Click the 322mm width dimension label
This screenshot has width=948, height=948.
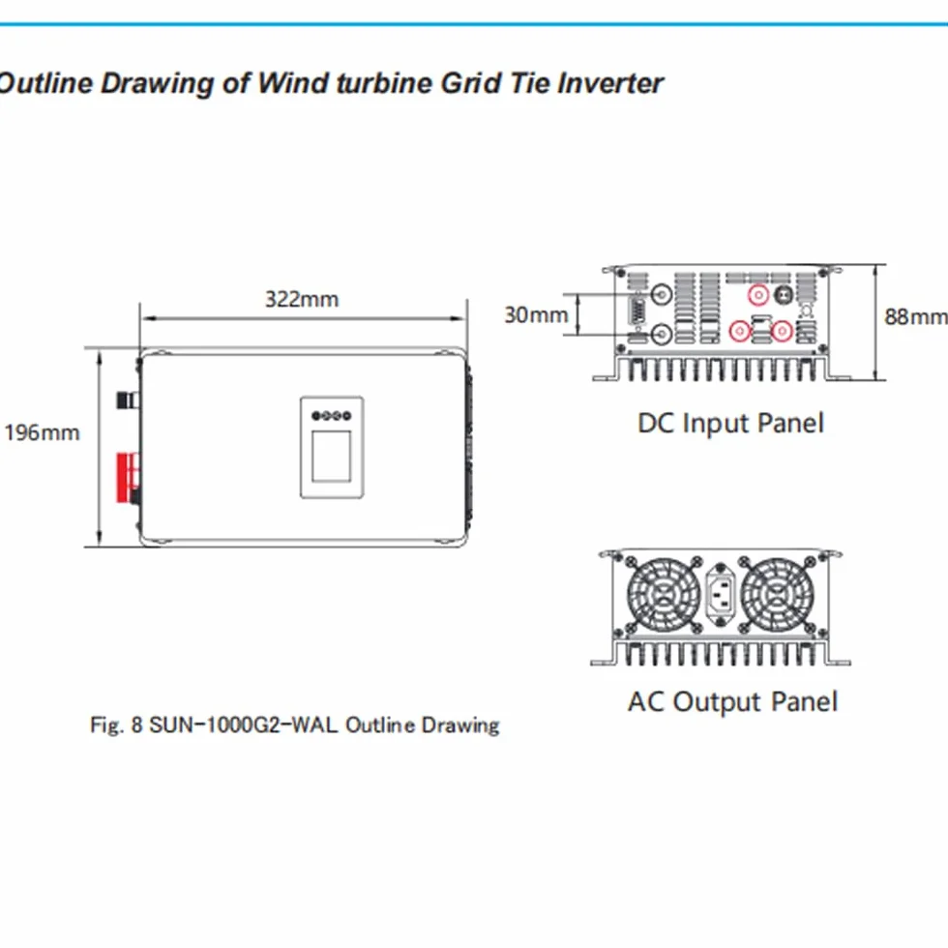(302, 299)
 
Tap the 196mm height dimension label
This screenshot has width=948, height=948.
(42, 433)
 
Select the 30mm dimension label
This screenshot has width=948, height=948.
(536, 314)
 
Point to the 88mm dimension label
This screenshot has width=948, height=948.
(915, 316)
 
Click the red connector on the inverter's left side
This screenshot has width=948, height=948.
(127, 478)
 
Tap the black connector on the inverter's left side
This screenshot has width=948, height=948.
(127, 400)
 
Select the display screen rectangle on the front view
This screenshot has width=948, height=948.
(331, 456)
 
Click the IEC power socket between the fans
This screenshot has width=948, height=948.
(720, 593)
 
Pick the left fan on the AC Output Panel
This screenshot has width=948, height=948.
(664, 595)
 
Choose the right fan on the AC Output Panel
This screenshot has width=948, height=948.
(777, 595)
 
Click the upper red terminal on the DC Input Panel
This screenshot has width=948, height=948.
(758, 294)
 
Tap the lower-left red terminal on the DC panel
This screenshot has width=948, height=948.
(740, 331)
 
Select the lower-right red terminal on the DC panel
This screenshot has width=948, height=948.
(782, 331)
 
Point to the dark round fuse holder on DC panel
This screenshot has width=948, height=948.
(785, 295)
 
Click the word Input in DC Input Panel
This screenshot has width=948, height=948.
(716, 424)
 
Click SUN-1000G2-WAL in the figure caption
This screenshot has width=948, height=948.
(243, 725)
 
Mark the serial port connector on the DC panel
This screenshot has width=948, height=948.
(636, 313)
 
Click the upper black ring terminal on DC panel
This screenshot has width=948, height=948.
(662, 294)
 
